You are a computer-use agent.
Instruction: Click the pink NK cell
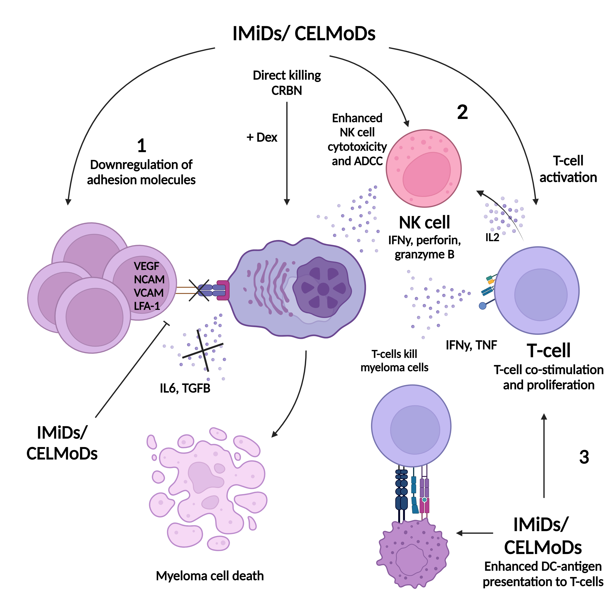(424, 168)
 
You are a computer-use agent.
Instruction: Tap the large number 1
(142, 146)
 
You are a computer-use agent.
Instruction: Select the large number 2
(462, 112)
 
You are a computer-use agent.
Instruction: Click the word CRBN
(287, 91)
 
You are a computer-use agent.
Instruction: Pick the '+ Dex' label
(262, 138)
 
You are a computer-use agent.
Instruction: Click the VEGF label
(146, 266)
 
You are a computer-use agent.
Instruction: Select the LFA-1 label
(147, 306)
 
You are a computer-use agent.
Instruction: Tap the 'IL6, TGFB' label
(185, 388)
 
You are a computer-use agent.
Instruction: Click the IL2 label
(492, 238)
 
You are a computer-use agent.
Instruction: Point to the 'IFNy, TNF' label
(471, 345)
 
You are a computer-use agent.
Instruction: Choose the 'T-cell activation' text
(568, 169)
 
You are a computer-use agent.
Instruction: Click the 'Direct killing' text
(287, 76)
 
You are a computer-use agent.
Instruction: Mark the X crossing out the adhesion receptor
(199, 290)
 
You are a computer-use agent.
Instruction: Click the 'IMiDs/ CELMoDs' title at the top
(304, 34)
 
